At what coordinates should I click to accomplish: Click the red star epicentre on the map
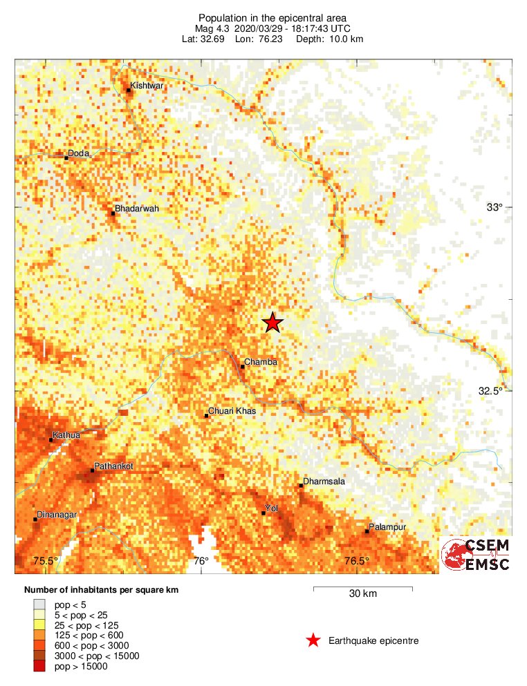click(x=273, y=323)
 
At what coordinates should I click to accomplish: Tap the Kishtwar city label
click(x=147, y=86)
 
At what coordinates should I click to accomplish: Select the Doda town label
click(x=79, y=154)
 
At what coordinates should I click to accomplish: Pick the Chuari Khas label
click(x=232, y=411)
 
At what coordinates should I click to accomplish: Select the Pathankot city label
click(x=113, y=466)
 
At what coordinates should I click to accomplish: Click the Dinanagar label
click(x=57, y=515)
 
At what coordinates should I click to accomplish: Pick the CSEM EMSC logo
click(x=477, y=555)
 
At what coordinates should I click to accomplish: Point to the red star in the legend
click(x=313, y=641)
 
